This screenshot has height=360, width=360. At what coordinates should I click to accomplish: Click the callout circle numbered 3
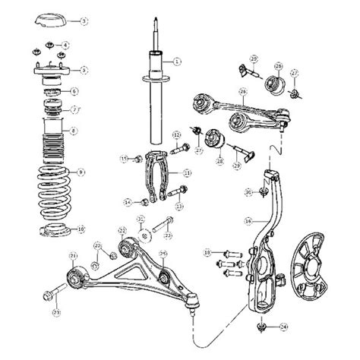[x=84, y=21]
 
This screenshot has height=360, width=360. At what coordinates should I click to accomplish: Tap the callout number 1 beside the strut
[x=177, y=61]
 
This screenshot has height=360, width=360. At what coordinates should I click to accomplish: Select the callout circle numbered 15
[x=125, y=157]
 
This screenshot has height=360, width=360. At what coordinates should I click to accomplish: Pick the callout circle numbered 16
[x=248, y=222]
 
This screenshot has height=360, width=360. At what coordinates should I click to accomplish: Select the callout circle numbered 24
[x=283, y=327]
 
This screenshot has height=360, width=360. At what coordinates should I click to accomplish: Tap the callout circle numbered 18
[x=207, y=251]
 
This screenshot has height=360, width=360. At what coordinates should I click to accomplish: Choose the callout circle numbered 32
[x=141, y=220]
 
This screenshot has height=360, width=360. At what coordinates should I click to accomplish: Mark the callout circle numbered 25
[x=163, y=253]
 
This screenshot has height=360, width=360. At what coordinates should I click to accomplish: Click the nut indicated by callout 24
[x=261, y=327]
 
